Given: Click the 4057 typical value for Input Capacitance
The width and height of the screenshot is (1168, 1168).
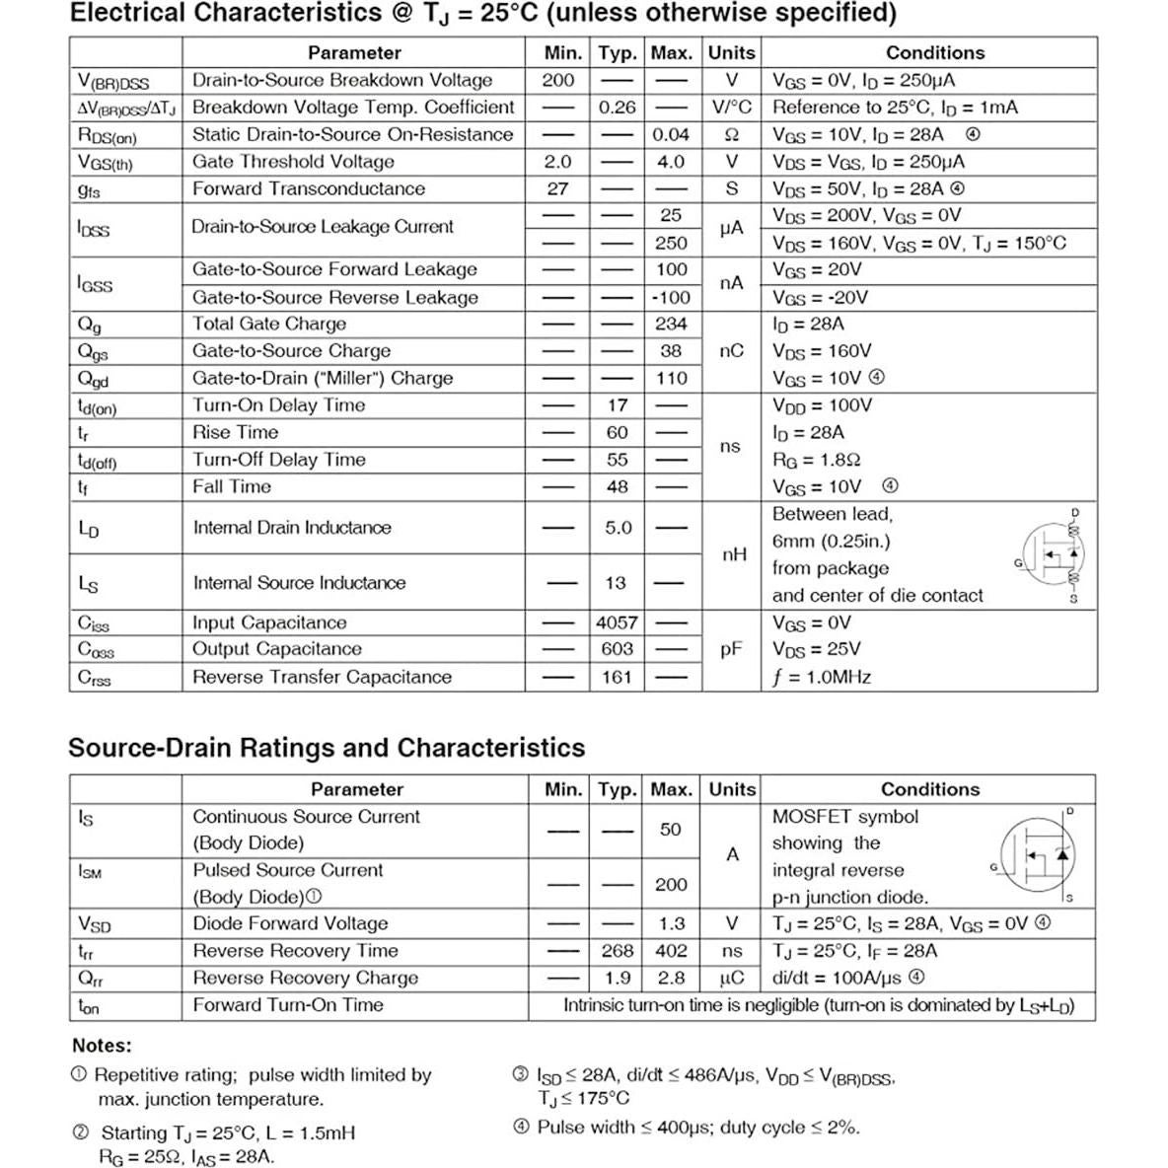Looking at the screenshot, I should coord(617,622).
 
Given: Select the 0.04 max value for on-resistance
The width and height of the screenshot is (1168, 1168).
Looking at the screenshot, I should coord(671,134).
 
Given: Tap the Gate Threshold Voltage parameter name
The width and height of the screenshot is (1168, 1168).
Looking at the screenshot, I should coord(293,162).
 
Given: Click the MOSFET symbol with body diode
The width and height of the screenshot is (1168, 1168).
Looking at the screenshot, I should coord(1037,855).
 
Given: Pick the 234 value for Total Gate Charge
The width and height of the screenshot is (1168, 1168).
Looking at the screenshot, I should coord(671,324).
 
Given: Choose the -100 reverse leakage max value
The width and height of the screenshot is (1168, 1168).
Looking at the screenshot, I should coord(671,297).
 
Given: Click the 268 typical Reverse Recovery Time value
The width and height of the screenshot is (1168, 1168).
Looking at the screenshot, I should coord(617,951).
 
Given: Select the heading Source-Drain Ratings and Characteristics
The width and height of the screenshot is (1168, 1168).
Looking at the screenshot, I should coord(327,748).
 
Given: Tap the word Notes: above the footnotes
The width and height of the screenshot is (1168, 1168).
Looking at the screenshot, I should coord(102,1046).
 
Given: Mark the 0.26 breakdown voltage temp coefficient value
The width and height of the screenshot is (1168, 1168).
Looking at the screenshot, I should coord(618,108).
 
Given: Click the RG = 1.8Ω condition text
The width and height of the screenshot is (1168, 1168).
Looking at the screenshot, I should coord(817,460).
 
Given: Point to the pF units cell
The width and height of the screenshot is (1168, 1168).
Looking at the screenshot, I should coord(731,649).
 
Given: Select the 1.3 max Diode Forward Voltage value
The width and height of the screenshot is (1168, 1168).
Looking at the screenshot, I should coord(671,923).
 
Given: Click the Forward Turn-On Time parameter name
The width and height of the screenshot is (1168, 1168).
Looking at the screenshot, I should coord(288,1005).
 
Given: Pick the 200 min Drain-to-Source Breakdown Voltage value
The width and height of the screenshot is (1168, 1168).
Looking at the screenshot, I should coord(557,80).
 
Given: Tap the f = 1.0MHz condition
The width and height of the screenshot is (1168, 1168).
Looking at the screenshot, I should coord(822,677).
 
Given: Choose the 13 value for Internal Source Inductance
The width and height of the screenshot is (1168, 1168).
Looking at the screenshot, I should coord(616,583).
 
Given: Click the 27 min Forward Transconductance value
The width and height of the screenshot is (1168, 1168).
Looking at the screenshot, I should coord(557,188).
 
